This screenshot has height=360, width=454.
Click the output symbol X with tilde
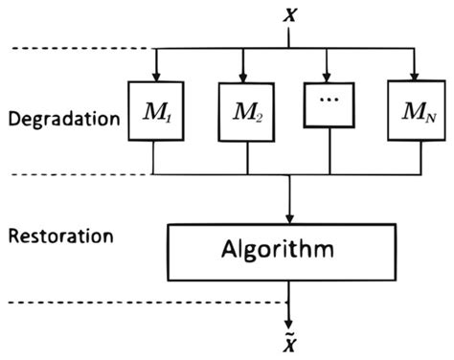pos(289,345)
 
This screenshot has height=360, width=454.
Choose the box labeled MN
pos(416,115)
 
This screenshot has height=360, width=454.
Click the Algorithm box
pos(289,251)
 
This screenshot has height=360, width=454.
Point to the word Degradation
pos(61,121)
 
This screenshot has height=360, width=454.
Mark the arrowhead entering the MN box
pos(416,77)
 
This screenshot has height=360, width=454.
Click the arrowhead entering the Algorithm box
pos(289,218)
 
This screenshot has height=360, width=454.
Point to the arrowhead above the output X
pos(289,322)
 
